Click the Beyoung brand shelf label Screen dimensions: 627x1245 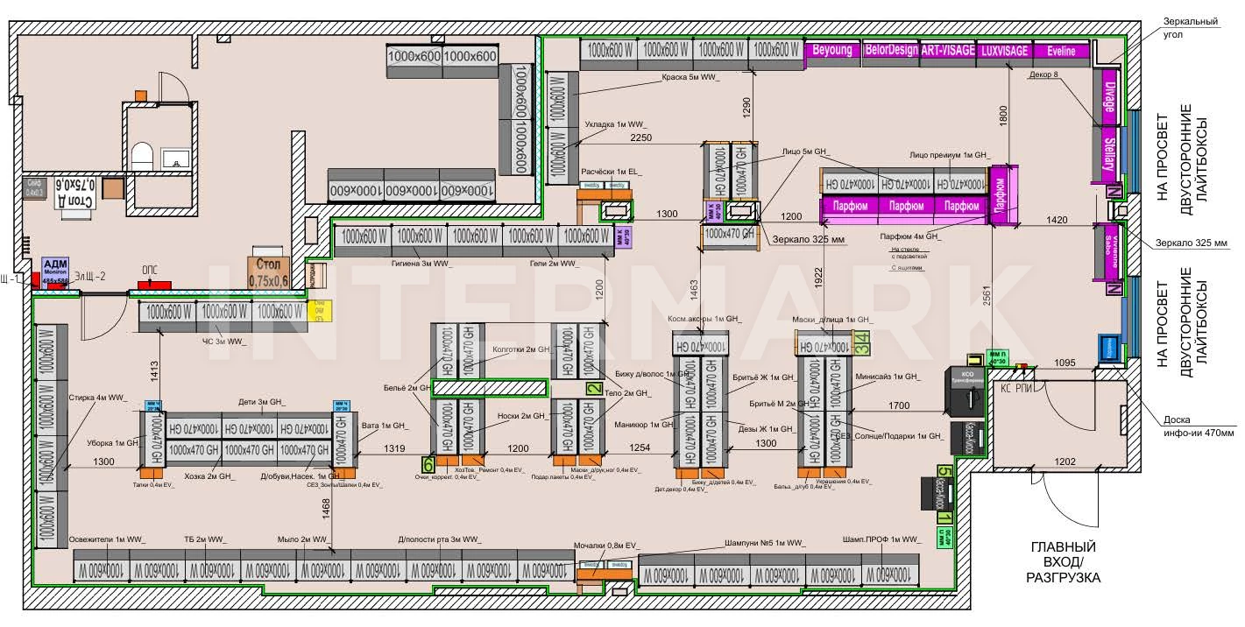click(x=832, y=51)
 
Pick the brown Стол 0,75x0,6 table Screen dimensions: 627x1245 click(x=268, y=273)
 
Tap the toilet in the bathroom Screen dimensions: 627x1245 click(x=142, y=158)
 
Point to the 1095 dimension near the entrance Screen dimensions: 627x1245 click(x=1064, y=362)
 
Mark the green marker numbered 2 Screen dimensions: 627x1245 click(x=594, y=389)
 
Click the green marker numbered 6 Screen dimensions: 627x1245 click(x=428, y=464)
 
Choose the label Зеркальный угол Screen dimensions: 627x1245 click(x=1192, y=28)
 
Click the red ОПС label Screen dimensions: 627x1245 click(x=150, y=271)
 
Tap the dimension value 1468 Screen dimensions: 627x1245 click(x=325, y=507)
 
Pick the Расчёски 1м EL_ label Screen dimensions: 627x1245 click(x=612, y=171)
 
